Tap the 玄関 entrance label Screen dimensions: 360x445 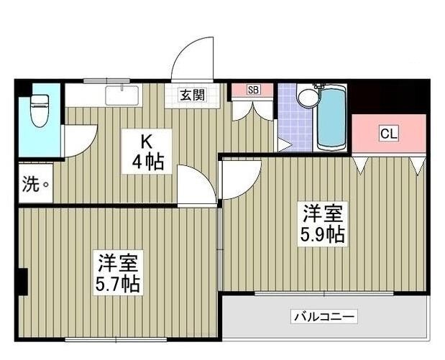tap(192, 94)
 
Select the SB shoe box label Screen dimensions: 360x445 tap(252, 90)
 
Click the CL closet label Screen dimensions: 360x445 tap(389, 134)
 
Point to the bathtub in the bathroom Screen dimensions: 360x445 tap(332, 119)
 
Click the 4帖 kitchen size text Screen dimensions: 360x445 tap(147, 162)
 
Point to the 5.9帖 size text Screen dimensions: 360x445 tap(321, 235)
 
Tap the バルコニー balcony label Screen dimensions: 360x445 tap(324, 316)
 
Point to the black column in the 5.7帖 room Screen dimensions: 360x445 tap(24, 280)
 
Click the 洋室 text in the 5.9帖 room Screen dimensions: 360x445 tap(322, 213)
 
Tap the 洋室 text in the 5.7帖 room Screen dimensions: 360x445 tap(118, 261)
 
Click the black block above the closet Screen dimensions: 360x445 tap(388, 98)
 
